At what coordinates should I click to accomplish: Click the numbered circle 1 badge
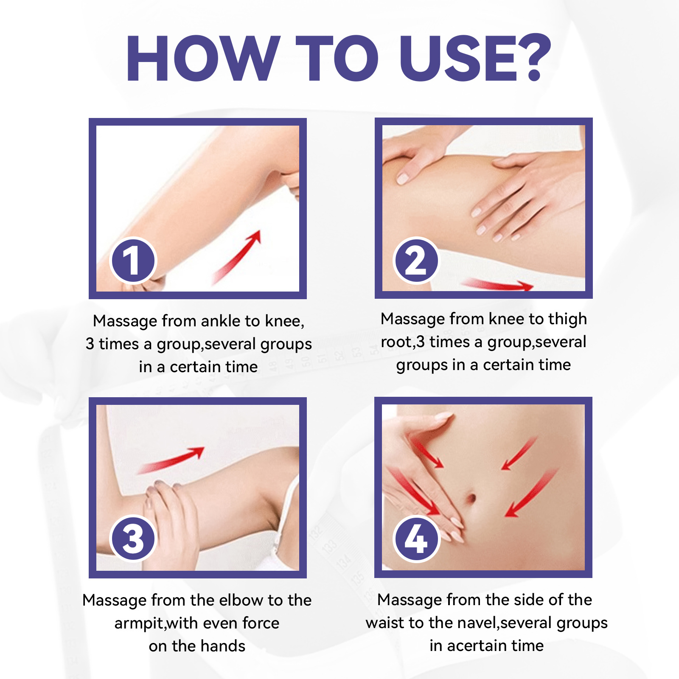pos(133,260)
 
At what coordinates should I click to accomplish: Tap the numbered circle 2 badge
pos(416,260)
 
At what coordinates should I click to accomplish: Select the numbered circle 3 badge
pos(133,538)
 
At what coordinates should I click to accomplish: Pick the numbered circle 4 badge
pos(416,539)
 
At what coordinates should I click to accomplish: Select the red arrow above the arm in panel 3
pos(171,460)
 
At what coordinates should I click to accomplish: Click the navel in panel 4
pos(471,497)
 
